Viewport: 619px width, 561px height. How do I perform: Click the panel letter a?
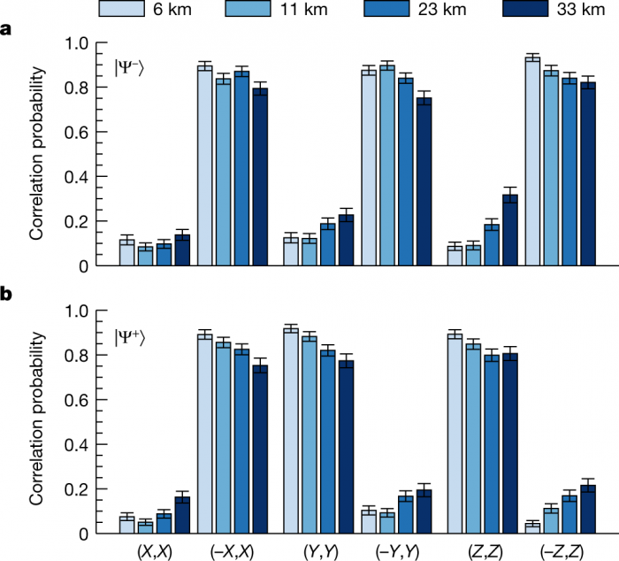7,29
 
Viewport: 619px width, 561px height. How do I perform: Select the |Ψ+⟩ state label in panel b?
129,336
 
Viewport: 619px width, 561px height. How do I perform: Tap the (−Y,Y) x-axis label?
400,550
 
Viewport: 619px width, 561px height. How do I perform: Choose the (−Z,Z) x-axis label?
562,550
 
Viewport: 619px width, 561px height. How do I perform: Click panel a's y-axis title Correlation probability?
36,154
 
